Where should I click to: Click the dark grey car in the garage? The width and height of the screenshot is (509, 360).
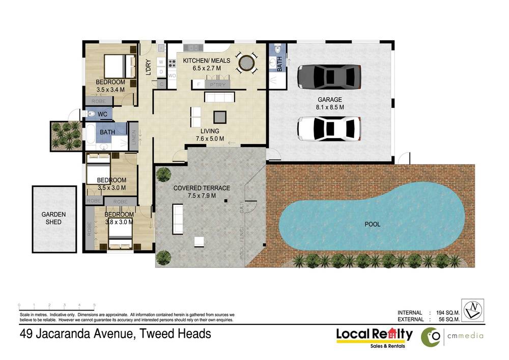328,76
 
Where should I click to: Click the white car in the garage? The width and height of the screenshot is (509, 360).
329,129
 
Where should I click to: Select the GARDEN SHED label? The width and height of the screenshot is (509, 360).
53,218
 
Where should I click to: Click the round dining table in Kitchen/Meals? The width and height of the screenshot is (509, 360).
246,63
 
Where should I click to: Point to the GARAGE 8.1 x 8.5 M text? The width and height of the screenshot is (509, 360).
330,103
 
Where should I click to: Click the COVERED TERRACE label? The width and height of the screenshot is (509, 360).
202,191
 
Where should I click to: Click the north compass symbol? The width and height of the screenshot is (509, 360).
472,310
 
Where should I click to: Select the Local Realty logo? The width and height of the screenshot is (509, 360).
374,336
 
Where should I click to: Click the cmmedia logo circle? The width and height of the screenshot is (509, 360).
431,337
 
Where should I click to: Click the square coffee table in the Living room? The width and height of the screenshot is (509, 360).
219,117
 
